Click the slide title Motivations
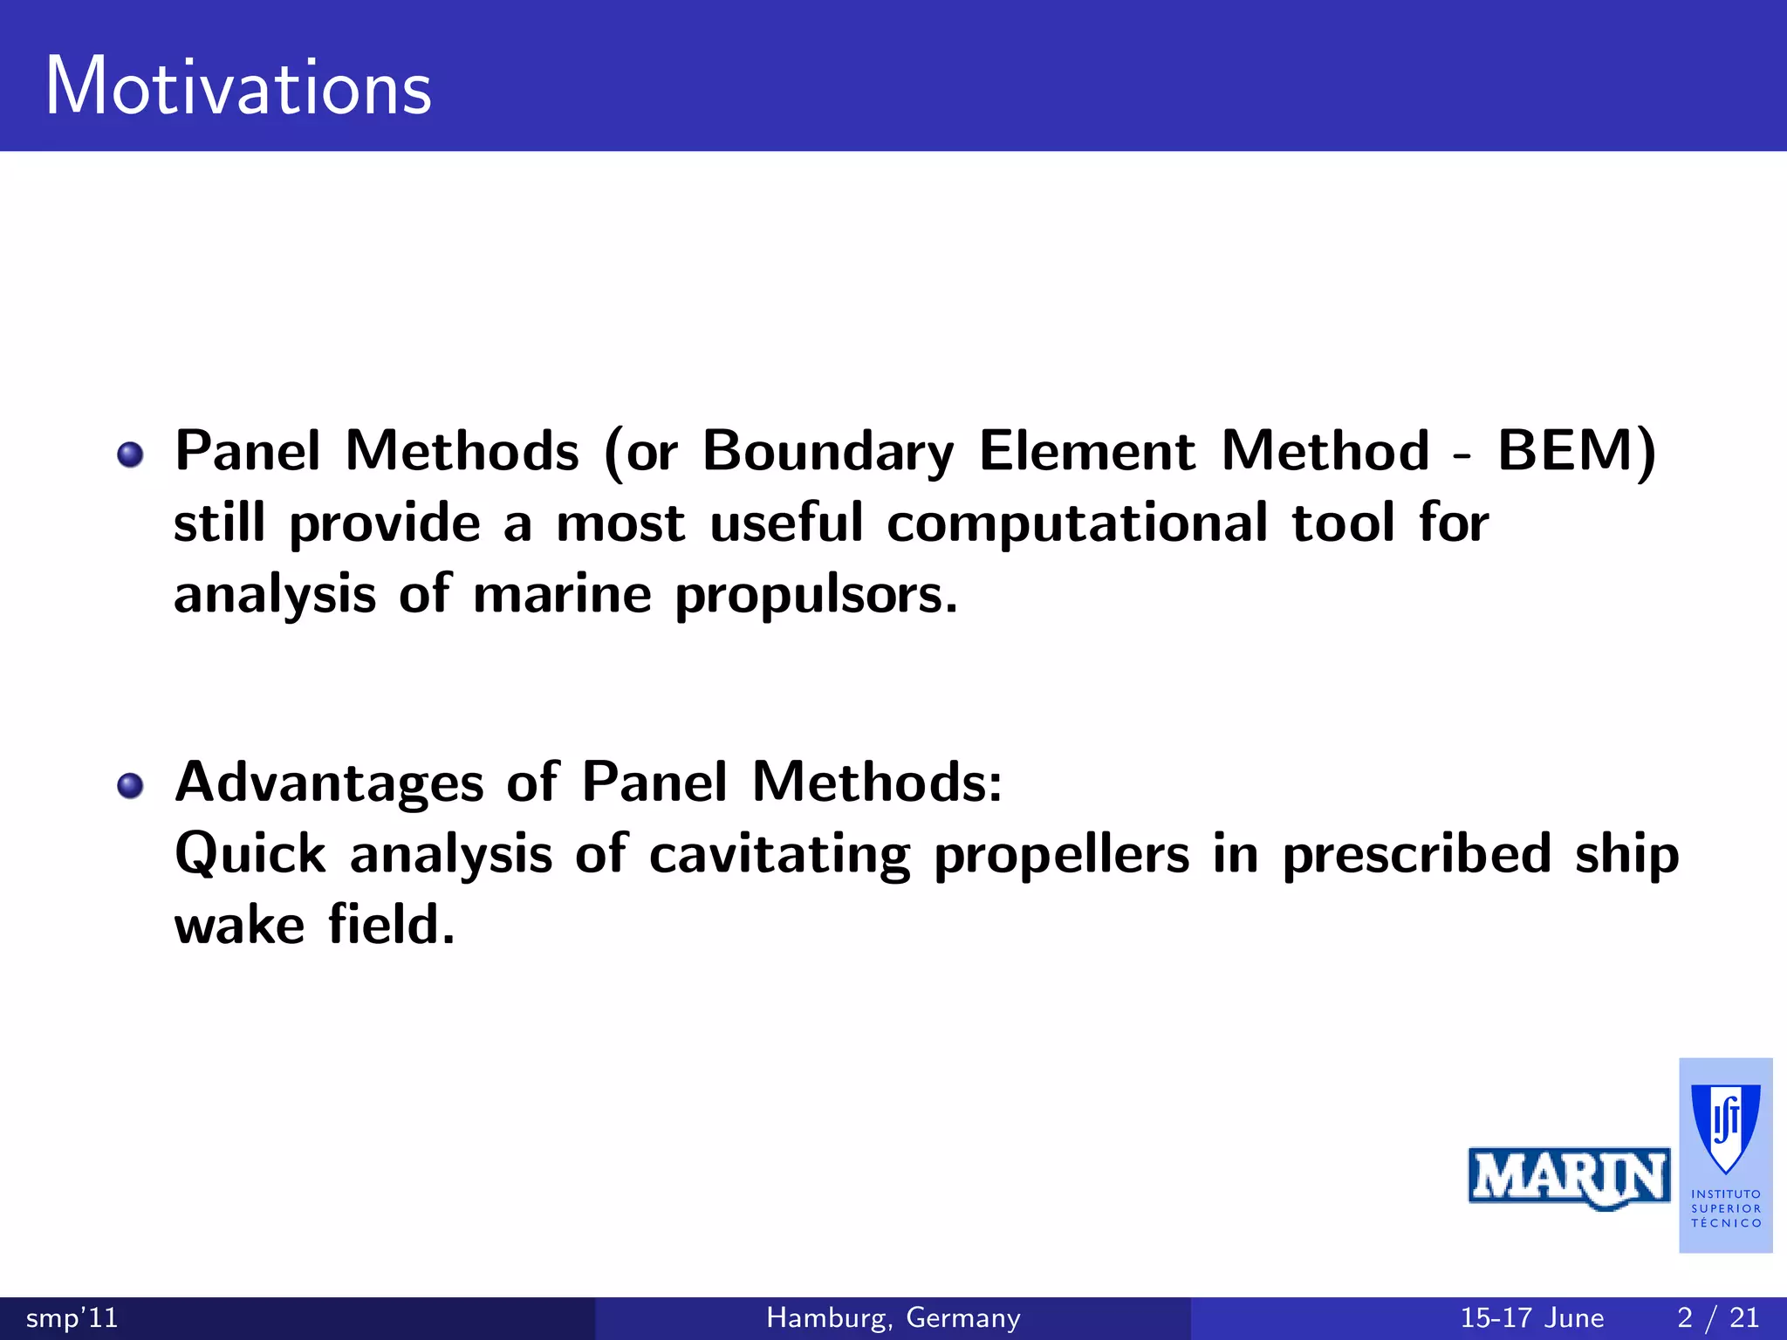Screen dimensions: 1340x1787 click(x=238, y=86)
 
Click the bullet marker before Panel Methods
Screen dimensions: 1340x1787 click(x=130, y=455)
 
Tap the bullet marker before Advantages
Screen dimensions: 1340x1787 click(x=130, y=785)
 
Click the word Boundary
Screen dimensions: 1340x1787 click(x=828, y=453)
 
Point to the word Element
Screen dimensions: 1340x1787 click(x=1087, y=451)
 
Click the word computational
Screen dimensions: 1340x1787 click(x=1077, y=524)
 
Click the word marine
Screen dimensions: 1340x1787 click(x=562, y=595)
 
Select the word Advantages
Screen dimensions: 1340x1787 click(x=329, y=783)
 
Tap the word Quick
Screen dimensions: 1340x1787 click(x=250, y=853)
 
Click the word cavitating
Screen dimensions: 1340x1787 click(x=779, y=855)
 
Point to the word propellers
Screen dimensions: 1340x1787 click(x=1061, y=855)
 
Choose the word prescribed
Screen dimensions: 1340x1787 click(x=1416, y=855)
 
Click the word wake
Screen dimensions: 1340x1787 click(x=239, y=925)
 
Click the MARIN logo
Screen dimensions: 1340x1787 click(x=1569, y=1178)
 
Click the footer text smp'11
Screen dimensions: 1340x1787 click(x=72, y=1317)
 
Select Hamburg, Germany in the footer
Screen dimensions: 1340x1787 click(x=893, y=1317)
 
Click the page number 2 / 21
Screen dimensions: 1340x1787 click(x=1717, y=1317)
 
